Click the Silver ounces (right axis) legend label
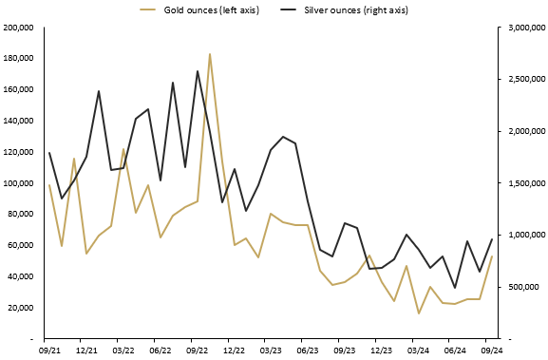coord(357,9)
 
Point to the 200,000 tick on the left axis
coord(18,28)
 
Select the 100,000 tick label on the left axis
coord(18,183)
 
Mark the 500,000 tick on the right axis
coord(521,287)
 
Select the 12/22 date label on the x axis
coord(228,351)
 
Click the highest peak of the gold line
coord(210,54)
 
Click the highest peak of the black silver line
coord(198,71)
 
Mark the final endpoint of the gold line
coord(492,256)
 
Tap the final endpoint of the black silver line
coord(492,239)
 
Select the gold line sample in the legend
coord(148,9)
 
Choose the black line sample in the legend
coord(289,9)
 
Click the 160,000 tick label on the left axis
coord(18,89)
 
